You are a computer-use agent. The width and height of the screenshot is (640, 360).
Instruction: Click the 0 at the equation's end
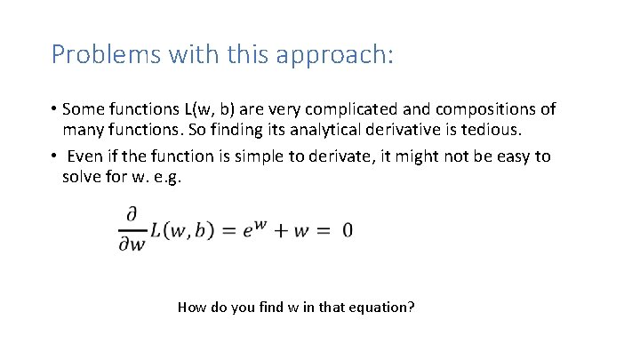pos(347,230)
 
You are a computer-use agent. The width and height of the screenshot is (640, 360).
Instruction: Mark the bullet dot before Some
pos(54,110)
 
